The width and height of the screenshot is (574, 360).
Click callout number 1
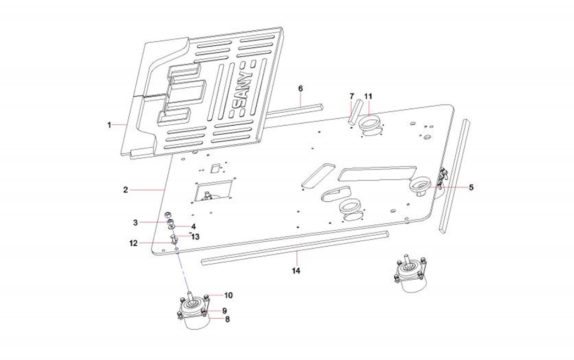click(x=109, y=125)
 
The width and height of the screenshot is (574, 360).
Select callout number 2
click(x=125, y=190)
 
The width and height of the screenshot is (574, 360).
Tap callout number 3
click(x=135, y=223)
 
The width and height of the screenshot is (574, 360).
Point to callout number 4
click(x=194, y=226)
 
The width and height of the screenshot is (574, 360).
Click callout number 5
click(x=471, y=187)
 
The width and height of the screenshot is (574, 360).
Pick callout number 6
click(x=301, y=88)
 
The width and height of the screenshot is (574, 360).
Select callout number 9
click(x=224, y=311)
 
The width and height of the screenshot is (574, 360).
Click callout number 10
click(x=228, y=296)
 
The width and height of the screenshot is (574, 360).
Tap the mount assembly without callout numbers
click(x=412, y=273)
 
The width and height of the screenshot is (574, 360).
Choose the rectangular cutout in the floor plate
click(x=213, y=190)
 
